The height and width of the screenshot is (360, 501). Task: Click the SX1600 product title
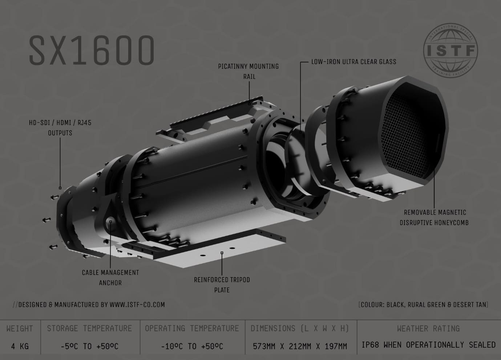[92, 50]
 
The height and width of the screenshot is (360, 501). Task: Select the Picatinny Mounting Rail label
[249, 71]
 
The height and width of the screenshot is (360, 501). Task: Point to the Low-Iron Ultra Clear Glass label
[353, 62]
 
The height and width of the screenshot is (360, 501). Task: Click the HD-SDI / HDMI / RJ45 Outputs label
[60, 128]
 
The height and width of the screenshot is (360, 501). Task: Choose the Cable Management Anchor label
[110, 277]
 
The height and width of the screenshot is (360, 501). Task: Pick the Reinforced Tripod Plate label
[222, 285]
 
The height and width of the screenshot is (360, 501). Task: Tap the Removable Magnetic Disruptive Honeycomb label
[434, 217]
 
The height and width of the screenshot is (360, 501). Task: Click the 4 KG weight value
[20, 346]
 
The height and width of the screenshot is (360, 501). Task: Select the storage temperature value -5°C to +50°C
[89, 346]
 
